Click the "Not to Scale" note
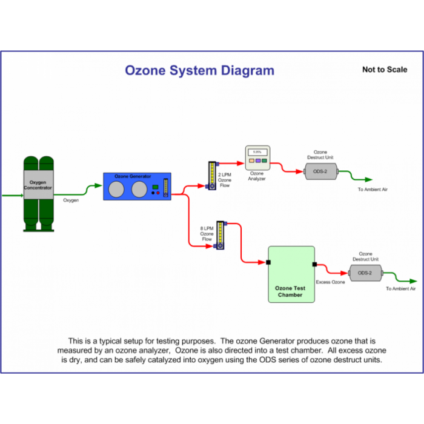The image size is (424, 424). click(x=385, y=70)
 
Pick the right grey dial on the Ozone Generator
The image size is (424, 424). click(x=139, y=190)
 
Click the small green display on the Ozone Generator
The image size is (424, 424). click(x=156, y=187)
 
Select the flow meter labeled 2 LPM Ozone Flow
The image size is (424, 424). click(x=211, y=176)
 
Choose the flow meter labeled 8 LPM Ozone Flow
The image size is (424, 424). click(x=220, y=236)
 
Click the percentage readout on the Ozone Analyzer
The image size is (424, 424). click(x=257, y=152)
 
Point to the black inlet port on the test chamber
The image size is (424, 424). click(x=268, y=262)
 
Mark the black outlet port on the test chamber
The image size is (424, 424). click(x=314, y=264)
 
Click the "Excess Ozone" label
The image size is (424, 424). click(x=331, y=282)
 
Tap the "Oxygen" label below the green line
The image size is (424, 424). click(x=71, y=200)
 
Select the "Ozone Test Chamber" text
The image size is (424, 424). click(x=291, y=291)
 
